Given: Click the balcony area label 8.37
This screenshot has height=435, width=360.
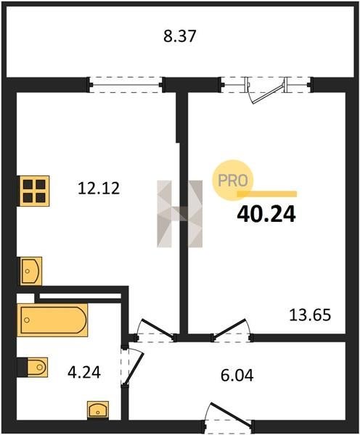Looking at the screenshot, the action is (180, 36).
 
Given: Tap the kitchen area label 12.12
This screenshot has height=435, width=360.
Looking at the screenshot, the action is (99, 188).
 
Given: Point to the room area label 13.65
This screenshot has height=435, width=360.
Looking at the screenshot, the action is (310, 315).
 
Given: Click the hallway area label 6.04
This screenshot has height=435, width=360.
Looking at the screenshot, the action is (237, 376).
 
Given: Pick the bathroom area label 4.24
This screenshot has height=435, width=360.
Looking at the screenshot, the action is (84, 372).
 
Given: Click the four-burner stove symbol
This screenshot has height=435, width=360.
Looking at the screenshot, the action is (34, 191).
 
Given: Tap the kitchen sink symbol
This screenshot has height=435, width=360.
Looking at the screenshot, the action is (30, 270).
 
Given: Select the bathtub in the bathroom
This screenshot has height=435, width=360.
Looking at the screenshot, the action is (52, 320).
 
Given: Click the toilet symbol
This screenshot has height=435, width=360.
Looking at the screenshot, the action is (32, 367).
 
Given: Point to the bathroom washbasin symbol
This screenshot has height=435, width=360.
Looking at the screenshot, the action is (98, 409).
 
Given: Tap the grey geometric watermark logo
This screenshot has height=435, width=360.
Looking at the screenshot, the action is (180, 214).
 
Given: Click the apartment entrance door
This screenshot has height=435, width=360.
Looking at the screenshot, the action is (229, 417).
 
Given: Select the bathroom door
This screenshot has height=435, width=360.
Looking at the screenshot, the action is (132, 365).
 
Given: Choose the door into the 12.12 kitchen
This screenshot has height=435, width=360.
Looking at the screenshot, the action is (155, 331).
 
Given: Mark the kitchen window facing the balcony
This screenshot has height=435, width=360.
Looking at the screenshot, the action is (126, 85).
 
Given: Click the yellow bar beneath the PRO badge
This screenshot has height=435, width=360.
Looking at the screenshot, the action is (267, 194).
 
